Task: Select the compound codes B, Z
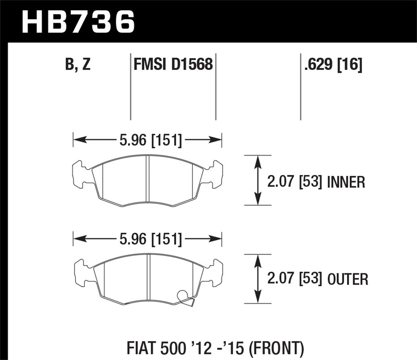tap(78, 64)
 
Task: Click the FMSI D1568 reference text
tap(173, 64)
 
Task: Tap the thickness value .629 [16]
tap(333, 64)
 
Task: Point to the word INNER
tap(346, 182)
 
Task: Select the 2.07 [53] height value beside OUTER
tap(294, 279)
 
